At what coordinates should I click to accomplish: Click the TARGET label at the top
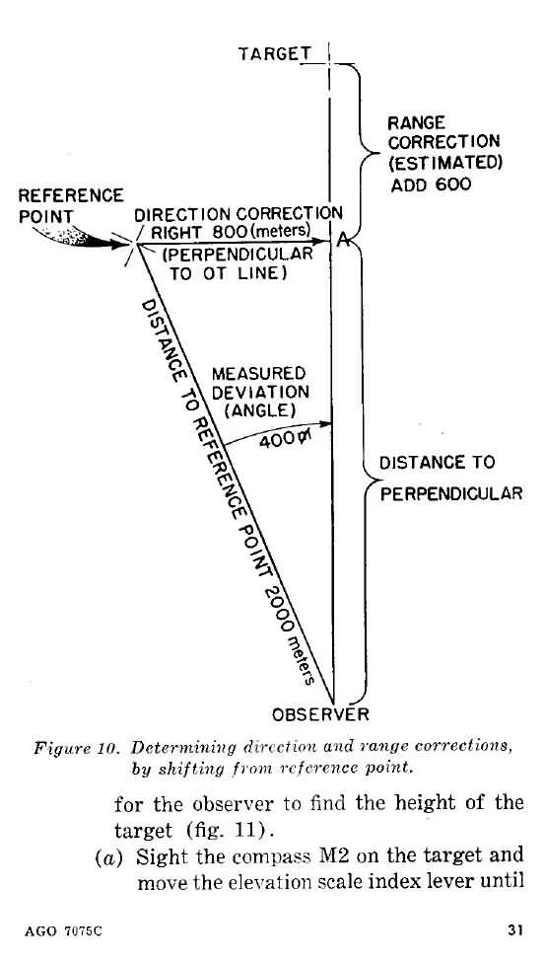click(274, 54)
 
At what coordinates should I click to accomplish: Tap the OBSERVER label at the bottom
click(320, 714)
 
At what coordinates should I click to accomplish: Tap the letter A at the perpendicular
click(344, 242)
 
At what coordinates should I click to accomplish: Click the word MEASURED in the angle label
click(258, 374)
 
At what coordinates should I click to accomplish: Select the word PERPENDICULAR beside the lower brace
click(451, 493)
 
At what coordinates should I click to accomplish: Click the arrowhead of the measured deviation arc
click(325, 423)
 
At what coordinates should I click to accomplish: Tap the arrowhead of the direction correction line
click(322, 242)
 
